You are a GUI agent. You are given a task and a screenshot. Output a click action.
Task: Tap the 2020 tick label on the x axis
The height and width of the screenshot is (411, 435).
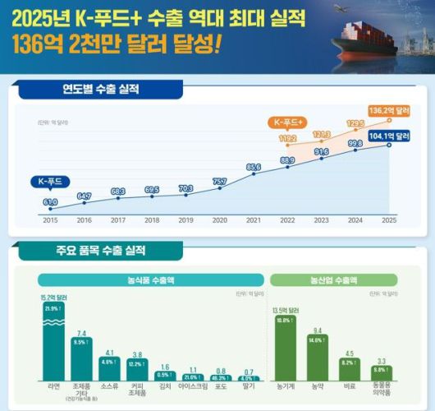pos(220,220)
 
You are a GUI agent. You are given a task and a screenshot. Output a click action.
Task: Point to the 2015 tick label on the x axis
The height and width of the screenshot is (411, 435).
pos(50,220)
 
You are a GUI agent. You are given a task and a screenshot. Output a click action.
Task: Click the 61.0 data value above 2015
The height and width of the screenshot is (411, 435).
pos(50,200)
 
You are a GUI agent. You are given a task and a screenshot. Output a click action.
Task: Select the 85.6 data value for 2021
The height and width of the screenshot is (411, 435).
pos(254,167)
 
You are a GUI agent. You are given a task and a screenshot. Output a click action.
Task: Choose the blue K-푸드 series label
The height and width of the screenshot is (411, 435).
pos(51,180)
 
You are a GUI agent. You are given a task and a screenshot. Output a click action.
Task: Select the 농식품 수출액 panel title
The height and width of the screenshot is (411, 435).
pos(150,279)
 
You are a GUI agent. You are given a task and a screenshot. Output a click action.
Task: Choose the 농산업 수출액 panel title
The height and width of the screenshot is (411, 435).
pos(333,279)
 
